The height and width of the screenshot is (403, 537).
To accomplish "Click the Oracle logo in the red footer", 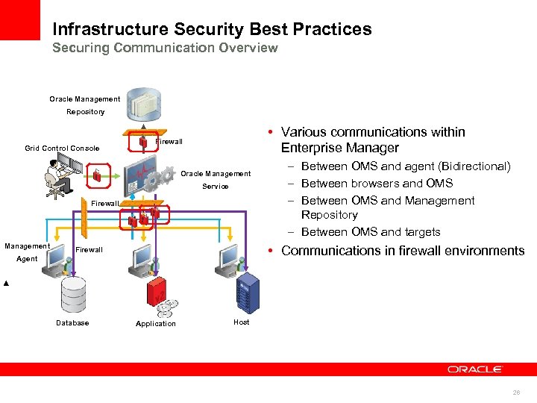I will coord(475,369).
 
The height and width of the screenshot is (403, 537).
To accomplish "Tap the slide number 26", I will coord(516,392).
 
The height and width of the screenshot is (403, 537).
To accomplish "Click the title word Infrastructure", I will coord(110,29).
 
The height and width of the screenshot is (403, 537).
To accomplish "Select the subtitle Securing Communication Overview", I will coord(165,48).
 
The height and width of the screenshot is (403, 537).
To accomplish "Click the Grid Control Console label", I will coord(62,148).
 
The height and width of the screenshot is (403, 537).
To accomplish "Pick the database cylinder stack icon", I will coord(73,294).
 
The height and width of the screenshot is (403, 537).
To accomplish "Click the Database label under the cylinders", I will coord(72,323).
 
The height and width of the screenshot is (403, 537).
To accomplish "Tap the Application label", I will coord(156,324).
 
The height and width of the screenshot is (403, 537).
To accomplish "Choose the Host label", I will coord(242,322).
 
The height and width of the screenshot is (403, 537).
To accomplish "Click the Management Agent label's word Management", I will coord(27,246).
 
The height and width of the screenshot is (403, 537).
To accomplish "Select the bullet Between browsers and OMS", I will coord(377,183).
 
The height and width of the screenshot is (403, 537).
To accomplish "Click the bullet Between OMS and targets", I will coord(371,232).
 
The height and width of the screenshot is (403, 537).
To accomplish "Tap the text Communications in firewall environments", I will coord(403,251).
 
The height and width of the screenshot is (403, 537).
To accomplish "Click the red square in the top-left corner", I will coord(19,19).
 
